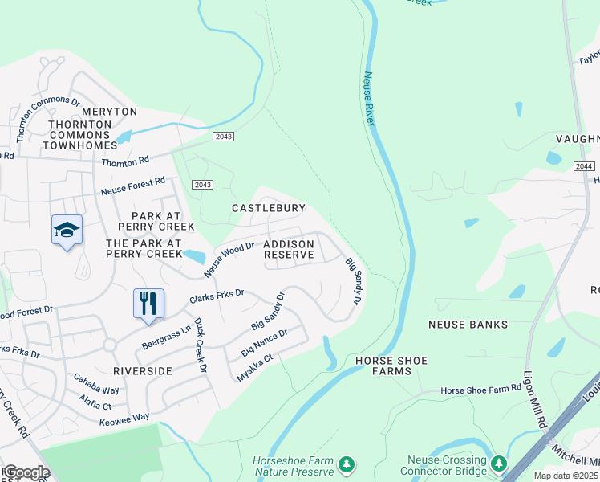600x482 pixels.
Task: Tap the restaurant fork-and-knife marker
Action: [x=148, y=304]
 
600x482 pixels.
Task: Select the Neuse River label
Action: [x=369, y=98]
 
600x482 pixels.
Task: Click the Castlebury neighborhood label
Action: [x=268, y=208]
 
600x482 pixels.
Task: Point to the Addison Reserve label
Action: [x=289, y=248]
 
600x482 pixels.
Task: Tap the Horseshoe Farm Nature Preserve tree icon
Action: [x=346, y=464]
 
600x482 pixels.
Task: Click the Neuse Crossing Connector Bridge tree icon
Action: [x=499, y=464]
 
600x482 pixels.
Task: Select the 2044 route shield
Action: [x=584, y=165]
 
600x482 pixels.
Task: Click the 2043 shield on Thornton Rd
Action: [x=223, y=137]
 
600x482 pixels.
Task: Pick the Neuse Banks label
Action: [x=468, y=325]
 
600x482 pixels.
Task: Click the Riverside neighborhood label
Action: [x=142, y=371]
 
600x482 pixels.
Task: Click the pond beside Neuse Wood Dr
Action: [x=193, y=257]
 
